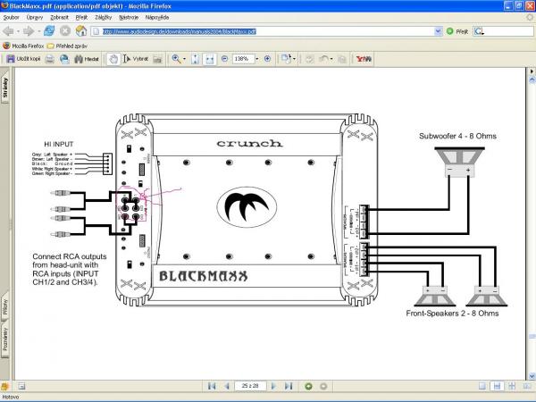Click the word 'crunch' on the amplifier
(x=249, y=142)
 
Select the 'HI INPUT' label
(x=60, y=143)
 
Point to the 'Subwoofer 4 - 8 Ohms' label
(x=457, y=136)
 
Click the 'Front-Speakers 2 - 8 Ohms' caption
(x=452, y=314)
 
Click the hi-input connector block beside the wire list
(x=106, y=164)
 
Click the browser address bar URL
(x=179, y=30)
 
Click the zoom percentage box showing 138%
(x=242, y=59)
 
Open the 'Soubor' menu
(x=12, y=17)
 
